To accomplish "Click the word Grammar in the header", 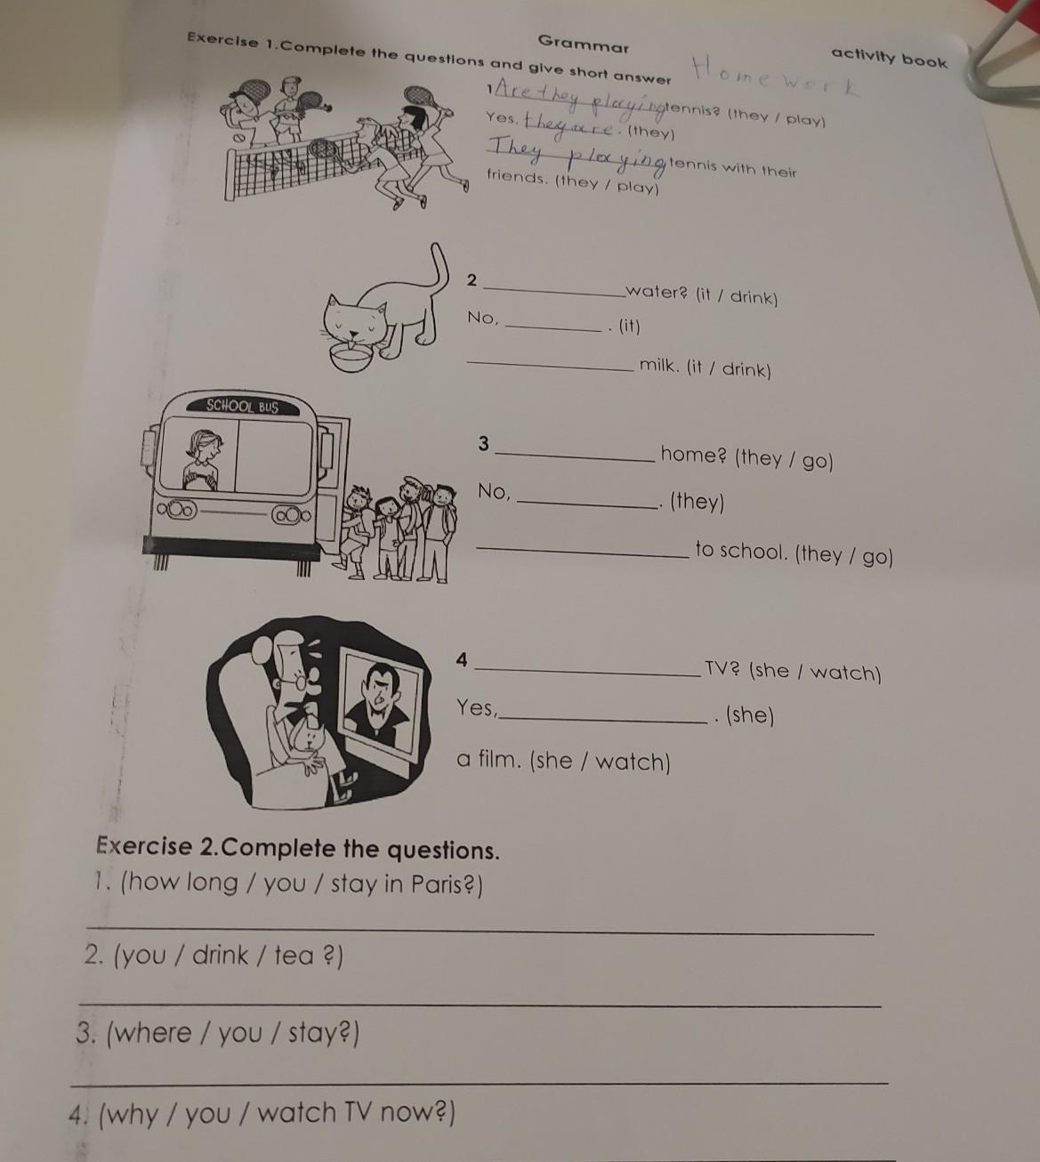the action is tap(584, 44).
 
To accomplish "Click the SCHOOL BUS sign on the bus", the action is tap(243, 406).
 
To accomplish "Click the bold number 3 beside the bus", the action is tap(484, 443).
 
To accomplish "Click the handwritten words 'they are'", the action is tap(569, 126).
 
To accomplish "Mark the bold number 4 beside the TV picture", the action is tap(462, 660).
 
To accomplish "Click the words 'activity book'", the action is tap(889, 58).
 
